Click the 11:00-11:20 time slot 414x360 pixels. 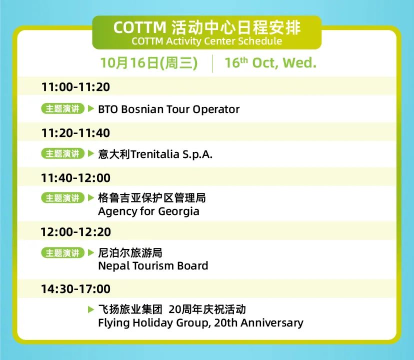click(x=75, y=87)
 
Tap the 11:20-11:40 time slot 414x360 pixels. click(x=75, y=133)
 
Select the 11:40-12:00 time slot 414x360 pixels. click(x=75, y=178)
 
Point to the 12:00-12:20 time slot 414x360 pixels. click(x=75, y=232)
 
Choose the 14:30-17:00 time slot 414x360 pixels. click(x=75, y=288)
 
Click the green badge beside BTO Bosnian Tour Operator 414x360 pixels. click(x=62, y=108)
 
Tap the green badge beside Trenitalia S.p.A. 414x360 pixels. click(x=62, y=153)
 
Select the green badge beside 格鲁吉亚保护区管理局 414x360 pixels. click(x=62, y=198)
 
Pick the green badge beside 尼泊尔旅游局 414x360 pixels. click(x=62, y=253)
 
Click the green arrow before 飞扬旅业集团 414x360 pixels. click(x=91, y=309)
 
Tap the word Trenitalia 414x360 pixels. click(x=155, y=154)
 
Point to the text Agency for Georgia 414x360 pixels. click(x=148, y=211)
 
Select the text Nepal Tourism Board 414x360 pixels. click(x=153, y=265)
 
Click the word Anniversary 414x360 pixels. click(x=272, y=323)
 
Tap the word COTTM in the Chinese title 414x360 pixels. click(x=139, y=27)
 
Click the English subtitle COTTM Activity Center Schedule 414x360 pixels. click(x=206, y=41)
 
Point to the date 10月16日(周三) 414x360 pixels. click(x=148, y=63)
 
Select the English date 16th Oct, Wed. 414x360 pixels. click(x=270, y=63)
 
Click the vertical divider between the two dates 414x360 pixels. click(x=212, y=63)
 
